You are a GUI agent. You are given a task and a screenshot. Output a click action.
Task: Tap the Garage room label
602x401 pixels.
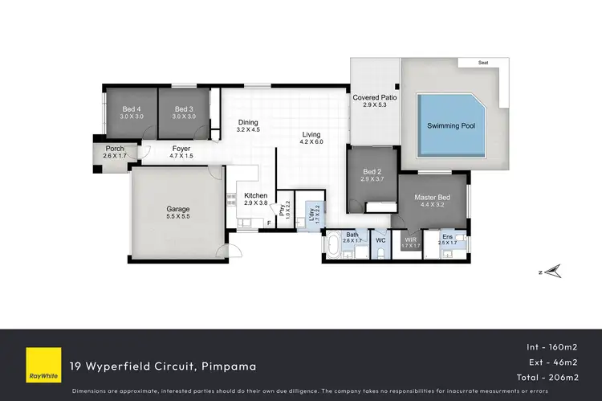tap(178, 209)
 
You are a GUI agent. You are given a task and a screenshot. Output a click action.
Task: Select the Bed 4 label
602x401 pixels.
tap(131, 109)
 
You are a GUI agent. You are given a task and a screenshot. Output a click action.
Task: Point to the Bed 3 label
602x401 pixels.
tap(184, 109)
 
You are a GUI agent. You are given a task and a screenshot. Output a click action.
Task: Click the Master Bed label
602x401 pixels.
tap(431, 197)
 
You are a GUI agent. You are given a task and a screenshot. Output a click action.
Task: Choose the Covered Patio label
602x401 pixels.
tap(375, 98)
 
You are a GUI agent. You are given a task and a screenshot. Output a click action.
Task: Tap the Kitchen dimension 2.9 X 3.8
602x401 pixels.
tap(255, 203)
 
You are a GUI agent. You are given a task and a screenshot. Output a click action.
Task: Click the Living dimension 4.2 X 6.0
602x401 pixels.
tap(311, 142)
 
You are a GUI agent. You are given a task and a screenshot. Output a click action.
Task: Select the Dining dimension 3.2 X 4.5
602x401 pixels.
tap(249, 129)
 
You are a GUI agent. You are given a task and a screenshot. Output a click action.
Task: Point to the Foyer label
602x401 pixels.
tap(181, 148)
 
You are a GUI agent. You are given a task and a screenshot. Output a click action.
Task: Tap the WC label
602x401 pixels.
tap(381, 239)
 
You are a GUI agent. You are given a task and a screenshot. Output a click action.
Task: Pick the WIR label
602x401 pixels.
tap(409, 239)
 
